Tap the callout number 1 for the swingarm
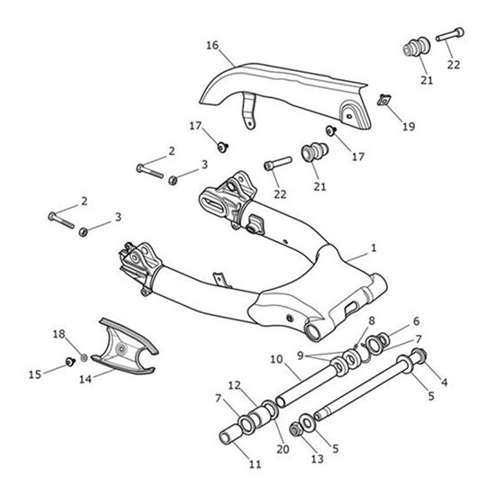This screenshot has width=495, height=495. pos(374,246)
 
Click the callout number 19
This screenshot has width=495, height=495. pos(408,127)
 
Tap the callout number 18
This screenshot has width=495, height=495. pos(58,335)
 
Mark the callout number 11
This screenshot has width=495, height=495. pos(254,465)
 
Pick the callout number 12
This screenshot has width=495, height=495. pos(234,386)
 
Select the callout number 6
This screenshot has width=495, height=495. pos(415,321)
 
